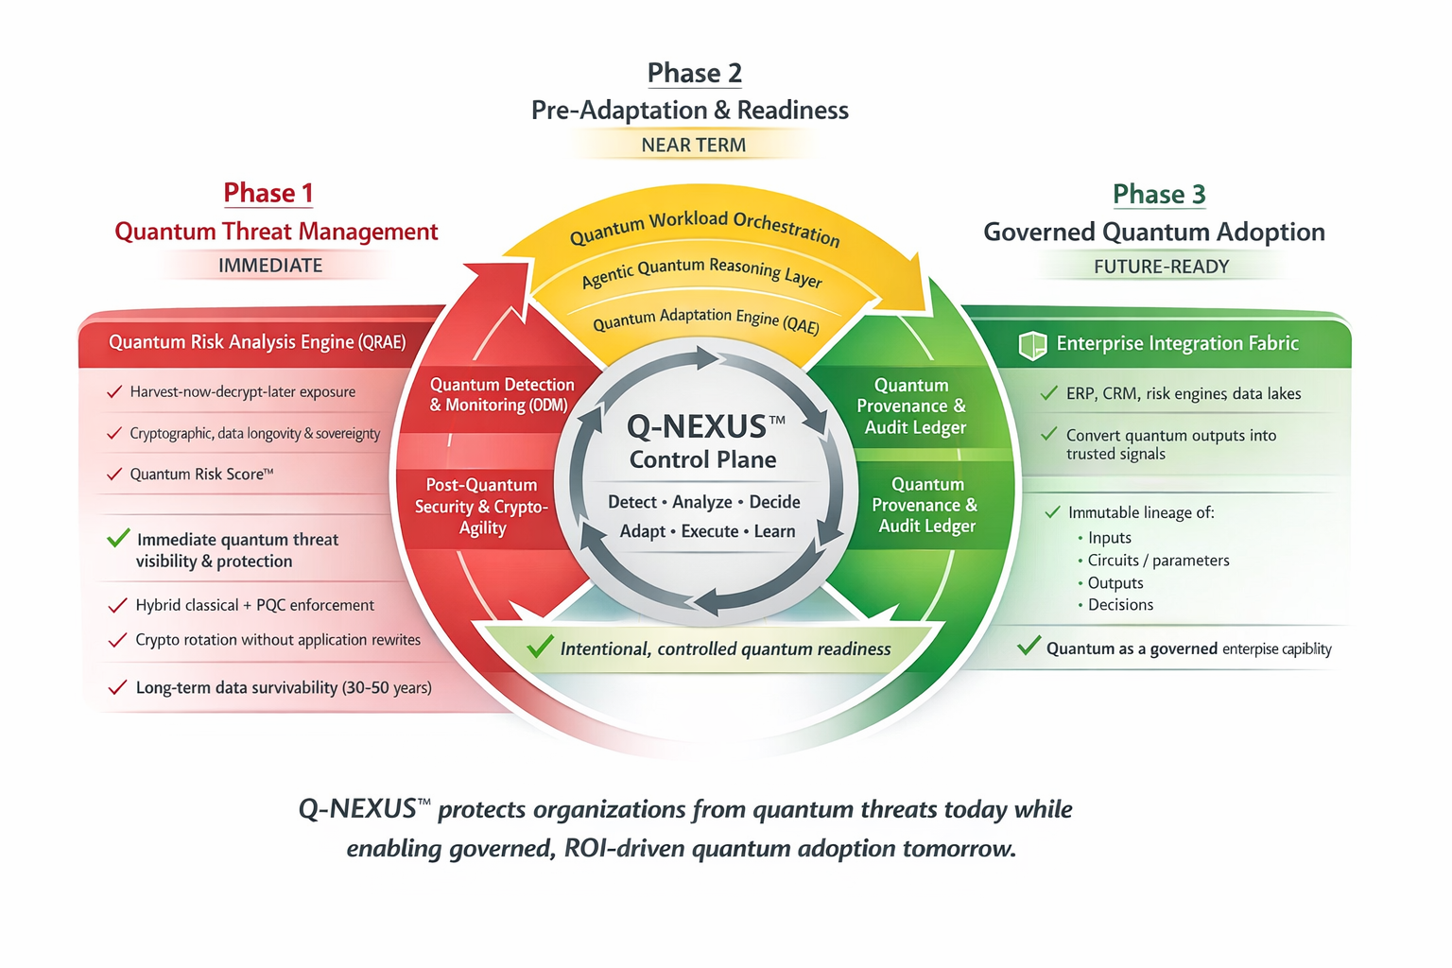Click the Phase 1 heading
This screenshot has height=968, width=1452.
click(x=268, y=193)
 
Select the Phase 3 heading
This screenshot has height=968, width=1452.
click(x=1159, y=194)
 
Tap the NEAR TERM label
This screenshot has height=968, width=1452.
click(x=693, y=145)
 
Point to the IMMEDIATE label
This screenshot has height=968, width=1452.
click(x=270, y=266)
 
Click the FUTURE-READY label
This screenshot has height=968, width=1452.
click(x=1161, y=267)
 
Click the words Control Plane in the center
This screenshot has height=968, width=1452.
click(x=702, y=459)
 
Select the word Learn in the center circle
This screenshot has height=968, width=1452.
click(x=774, y=531)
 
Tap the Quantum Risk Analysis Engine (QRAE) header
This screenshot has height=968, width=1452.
click(x=257, y=341)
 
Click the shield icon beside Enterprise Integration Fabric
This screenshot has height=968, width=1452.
click(x=1032, y=345)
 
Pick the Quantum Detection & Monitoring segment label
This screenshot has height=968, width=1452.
click(x=501, y=394)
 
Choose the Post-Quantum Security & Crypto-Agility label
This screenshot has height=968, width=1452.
click(x=481, y=506)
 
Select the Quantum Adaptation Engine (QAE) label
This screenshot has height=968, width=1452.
click(x=705, y=320)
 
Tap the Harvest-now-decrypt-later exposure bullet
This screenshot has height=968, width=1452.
click(x=243, y=391)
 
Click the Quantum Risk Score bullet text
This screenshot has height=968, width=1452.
click(x=201, y=474)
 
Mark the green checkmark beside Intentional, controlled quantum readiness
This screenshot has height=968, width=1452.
click(x=540, y=647)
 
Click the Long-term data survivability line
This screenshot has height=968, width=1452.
click(x=284, y=687)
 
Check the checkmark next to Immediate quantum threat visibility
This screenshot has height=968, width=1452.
click(x=118, y=538)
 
